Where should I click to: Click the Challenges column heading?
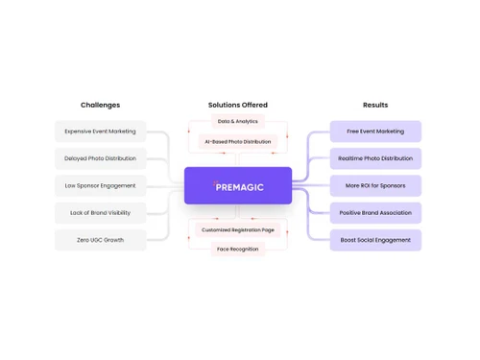point(100,105)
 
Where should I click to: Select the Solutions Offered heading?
point(238,105)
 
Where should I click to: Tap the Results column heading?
point(375,105)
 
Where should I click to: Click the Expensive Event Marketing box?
point(100,132)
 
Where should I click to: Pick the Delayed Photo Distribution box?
point(100,158)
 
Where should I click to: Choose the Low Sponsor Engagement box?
point(100,185)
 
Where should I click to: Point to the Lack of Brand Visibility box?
point(100,213)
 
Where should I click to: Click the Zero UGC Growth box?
point(100,240)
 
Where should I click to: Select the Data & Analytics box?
point(238,122)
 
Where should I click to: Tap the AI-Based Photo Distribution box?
point(238,142)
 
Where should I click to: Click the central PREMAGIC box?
point(238,186)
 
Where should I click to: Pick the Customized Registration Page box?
point(238,230)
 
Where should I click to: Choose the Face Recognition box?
point(238,250)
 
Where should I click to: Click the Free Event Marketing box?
point(375,132)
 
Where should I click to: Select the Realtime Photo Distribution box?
point(375,158)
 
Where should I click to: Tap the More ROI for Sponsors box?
point(375,185)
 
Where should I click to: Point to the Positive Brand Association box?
point(375,213)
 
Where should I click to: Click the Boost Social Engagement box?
point(375,240)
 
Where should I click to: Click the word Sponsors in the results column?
point(392,185)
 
